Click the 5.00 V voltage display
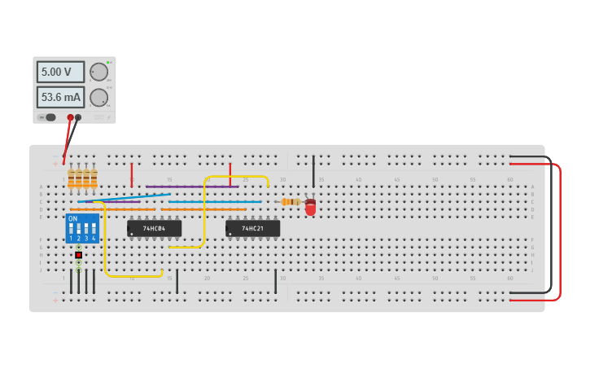click(59, 72)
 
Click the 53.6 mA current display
click(59, 98)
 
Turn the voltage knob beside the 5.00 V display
click(99, 72)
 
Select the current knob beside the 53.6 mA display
click(99, 98)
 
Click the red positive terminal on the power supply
click(71, 117)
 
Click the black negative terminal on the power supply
click(78, 117)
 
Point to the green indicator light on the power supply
click(108, 62)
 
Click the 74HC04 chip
click(154, 229)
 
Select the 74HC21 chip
click(252, 229)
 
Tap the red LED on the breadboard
click(310, 209)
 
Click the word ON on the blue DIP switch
click(73, 219)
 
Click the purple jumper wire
click(191, 187)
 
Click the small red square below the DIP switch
click(79, 255)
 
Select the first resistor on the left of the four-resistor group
click(72, 178)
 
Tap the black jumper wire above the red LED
click(313, 171)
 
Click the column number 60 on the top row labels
click(509, 179)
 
